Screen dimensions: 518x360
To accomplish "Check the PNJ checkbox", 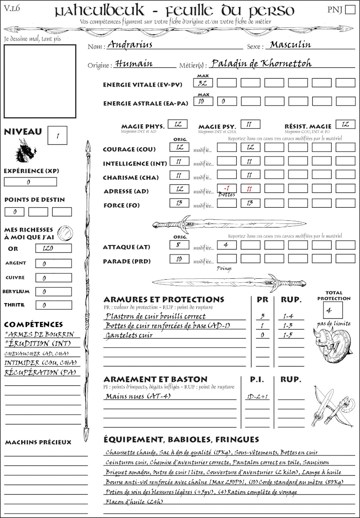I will (x=349, y=10).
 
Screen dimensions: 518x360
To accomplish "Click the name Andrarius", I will (x=130, y=45).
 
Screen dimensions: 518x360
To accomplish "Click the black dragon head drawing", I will (x=25, y=151).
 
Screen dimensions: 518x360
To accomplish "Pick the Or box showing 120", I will (x=53, y=248).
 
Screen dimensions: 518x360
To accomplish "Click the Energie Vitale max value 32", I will (x=203, y=83).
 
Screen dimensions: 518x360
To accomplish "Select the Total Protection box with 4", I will (x=333, y=310).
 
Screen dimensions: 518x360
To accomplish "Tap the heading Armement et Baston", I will (x=155, y=379).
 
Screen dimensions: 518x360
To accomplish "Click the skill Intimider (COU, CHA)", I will (x=40, y=362).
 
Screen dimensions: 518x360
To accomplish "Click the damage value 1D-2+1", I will (x=257, y=397).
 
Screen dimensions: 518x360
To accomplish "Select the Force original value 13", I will (x=179, y=203).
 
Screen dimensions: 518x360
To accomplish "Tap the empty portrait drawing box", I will (x=40, y=81).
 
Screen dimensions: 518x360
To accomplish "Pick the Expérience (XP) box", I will (x=30, y=182).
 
